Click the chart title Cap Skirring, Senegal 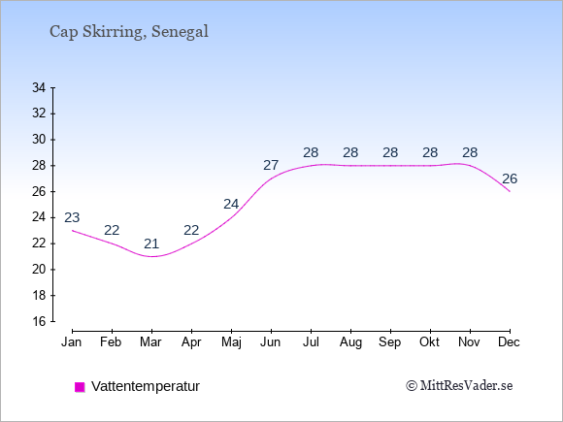(128, 32)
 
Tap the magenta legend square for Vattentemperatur (80, 387)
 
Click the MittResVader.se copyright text (459, 386)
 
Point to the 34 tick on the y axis (53, 87)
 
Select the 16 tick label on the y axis (39, 321)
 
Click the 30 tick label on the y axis (39, 140)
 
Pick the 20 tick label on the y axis (39, 269)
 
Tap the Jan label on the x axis (72, 342)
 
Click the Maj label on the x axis (231, 342)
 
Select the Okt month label (429, 342)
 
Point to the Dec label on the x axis (510, 342)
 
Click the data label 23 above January (72, 217)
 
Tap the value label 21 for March (151, 244)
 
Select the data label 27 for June (271, 166)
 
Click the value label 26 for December (510, 179)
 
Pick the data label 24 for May (231, 204)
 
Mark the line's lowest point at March (152, 256)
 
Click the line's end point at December (510, 191)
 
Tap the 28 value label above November (470, 153)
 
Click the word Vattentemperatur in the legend (146, 386)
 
